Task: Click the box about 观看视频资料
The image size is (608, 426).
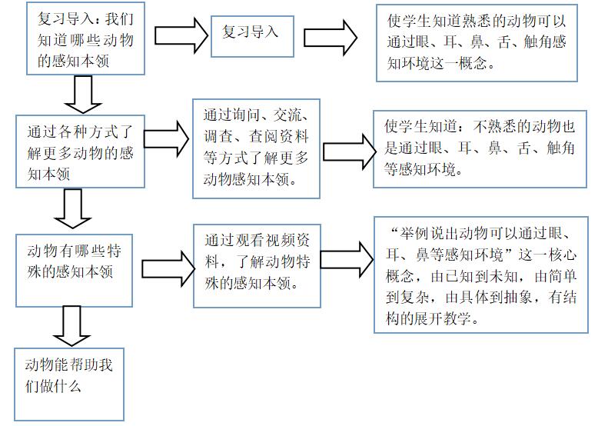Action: pyautogui.click(x=256, y=265)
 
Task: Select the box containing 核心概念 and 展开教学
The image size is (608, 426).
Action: pyautogui.click(x=481, y=274)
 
